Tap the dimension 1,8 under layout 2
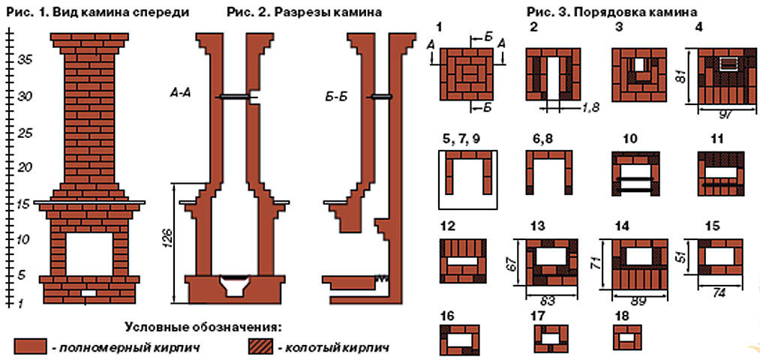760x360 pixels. click(572, 109)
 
